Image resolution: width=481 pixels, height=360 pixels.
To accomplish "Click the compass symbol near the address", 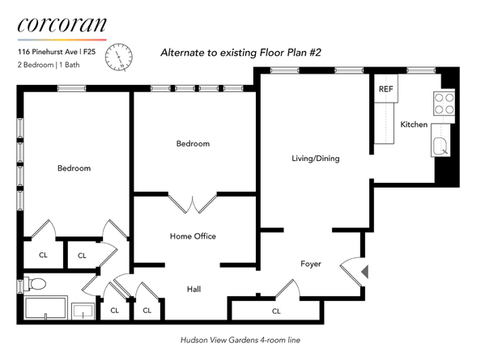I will (122, 54).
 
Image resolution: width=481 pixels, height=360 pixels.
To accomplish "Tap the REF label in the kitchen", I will (385, 90).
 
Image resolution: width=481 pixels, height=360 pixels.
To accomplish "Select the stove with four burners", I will (443, 104).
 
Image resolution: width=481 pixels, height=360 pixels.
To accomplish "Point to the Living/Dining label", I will (315, 159).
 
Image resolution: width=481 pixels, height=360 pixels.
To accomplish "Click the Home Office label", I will (192, 236).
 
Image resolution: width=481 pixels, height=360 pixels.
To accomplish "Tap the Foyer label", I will (311, 264).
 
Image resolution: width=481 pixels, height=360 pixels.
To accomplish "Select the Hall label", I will (194, 289).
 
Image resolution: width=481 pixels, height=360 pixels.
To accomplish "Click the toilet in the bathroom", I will (35, 283).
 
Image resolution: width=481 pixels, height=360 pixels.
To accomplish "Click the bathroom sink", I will (83, 311).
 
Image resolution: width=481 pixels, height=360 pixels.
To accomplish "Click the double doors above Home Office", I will (192, 203).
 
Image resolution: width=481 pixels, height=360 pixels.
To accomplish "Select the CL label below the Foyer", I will (276, 311).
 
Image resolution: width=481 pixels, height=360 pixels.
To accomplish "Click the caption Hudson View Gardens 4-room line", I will (240, 341).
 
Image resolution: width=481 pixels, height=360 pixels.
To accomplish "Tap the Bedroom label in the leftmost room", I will (74, 168).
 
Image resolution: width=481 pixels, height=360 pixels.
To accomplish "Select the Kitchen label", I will (413, 125).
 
